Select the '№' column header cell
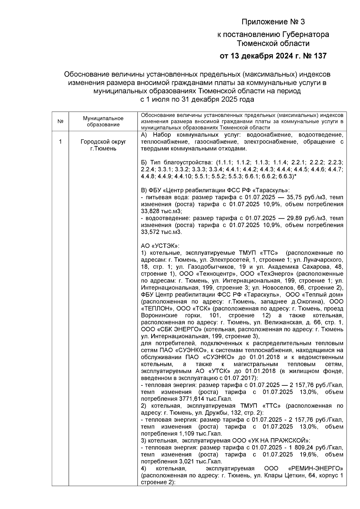pyautogui.click(x=60, y=121)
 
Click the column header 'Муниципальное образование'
pyautogui.click(x=103, y=121)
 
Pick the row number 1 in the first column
pyautogui.click(x=60, y=142)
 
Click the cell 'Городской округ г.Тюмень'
pyautogui.click(x=103, y=145)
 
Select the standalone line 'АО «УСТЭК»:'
pyautogui.click(x=160, y=246)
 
